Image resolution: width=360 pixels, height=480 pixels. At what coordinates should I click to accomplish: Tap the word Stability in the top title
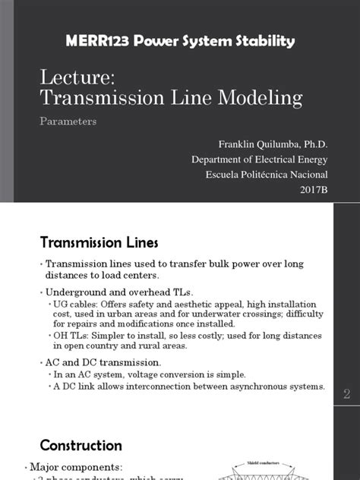263,40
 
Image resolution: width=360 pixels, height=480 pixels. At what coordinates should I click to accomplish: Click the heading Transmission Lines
99,242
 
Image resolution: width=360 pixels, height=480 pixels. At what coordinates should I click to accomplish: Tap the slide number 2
346,393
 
